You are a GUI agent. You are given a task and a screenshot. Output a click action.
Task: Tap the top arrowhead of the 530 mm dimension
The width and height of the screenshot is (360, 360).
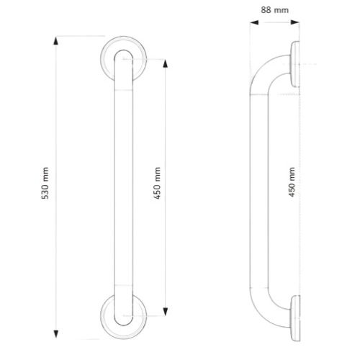point(57,40)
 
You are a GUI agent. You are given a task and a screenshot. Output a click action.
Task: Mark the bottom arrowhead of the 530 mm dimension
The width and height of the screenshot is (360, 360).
point(57,333)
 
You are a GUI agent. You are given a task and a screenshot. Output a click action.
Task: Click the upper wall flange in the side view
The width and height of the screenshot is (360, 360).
point(295,66)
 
